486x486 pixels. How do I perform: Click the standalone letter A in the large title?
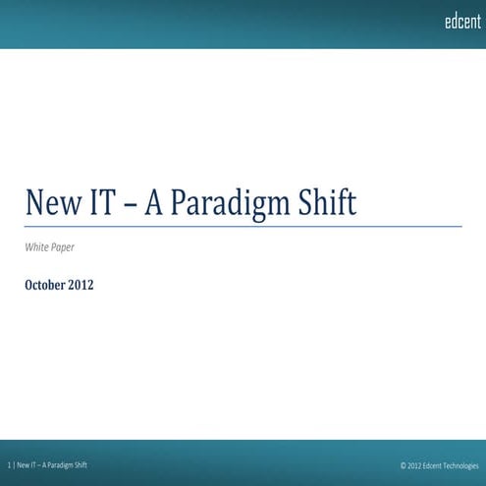click(x=154, y=202)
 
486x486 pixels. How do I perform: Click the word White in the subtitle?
click(x=36, y=247)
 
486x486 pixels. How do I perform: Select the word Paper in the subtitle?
click(x=62, y=248)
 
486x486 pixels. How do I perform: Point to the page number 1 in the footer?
click(x=9, y=464)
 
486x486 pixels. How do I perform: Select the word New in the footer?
click(x=24, y=464)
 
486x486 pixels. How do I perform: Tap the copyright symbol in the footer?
click(x=404, y=465)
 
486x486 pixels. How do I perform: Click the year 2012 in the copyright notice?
click(x=415, y=465)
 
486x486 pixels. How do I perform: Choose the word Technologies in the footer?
click(x=463, y=465)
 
